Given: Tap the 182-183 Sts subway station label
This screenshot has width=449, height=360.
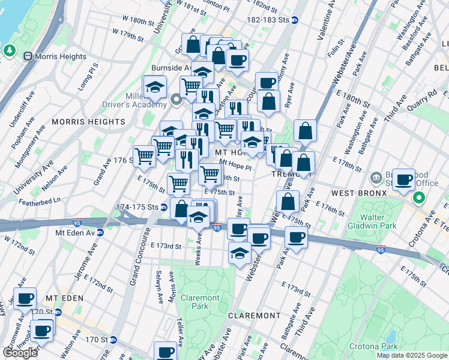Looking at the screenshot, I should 272,20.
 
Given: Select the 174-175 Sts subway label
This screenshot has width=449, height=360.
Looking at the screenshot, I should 136,208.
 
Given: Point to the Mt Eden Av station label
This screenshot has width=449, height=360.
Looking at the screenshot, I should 79,232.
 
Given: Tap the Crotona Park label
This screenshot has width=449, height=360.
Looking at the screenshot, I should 372,346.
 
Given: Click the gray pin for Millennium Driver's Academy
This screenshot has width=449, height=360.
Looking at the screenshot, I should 176,99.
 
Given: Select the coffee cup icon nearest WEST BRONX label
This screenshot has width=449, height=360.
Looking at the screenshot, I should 404,179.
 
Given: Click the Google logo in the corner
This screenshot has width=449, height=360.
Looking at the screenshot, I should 20,353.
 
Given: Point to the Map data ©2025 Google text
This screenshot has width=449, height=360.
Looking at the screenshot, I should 412,355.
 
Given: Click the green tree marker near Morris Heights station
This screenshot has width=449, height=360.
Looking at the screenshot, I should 10,50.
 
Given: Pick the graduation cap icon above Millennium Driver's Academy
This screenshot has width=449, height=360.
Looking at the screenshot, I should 155,86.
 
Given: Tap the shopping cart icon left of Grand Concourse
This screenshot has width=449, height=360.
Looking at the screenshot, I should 144,156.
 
